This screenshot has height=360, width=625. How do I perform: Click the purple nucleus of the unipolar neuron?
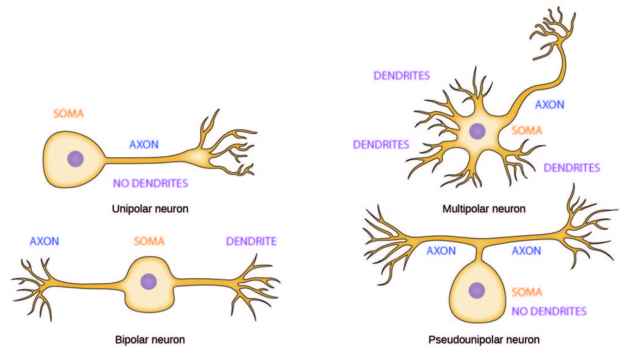[76, 159]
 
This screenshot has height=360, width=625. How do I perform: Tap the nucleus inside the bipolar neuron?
[148, 281]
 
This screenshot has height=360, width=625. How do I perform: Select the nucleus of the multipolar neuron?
[477, 131]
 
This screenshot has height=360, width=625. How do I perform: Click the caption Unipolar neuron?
[150, 209]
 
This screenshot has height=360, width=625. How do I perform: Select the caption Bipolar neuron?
[150, 339]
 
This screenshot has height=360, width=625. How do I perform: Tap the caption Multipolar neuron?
[484, 209]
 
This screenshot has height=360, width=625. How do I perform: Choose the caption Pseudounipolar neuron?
[484, 339]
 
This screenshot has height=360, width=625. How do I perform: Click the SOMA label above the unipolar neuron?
[68, 113]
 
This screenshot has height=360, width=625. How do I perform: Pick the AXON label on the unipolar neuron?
[144, 145]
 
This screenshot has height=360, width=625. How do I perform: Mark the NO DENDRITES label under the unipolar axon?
[150, 182]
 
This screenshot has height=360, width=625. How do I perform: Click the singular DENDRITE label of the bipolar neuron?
[251, 241]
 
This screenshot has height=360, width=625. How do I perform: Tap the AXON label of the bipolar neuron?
[45, 241]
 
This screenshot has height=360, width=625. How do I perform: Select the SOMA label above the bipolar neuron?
[150, 241]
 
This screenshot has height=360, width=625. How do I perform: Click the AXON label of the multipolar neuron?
[549, 104]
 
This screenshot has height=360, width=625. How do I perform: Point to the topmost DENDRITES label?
[402, 76]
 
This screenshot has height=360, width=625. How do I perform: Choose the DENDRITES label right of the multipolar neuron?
[572, 167]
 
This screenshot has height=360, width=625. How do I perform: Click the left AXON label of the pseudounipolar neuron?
[441, 251]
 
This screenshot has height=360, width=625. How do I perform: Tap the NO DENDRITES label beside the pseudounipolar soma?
[549, 311]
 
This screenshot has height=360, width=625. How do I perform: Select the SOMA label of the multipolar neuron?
[526, 130]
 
